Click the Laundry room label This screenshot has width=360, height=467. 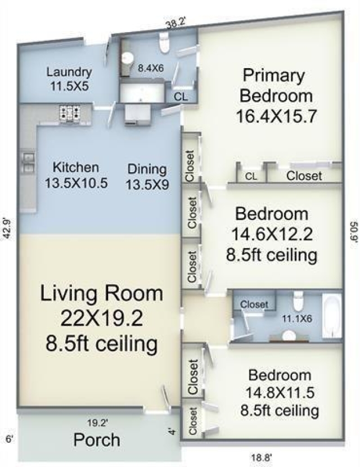click(69, 72)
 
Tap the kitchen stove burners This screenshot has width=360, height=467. click(70, 113)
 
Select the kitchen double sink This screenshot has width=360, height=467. click(29, 163)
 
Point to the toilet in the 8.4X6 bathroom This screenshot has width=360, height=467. click(164, 43)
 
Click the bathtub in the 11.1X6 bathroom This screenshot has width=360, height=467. click(332, 316)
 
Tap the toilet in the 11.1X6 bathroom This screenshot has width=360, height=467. click(298, 302)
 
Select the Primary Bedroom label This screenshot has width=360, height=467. click(276, 86)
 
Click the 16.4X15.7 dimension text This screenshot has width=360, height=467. click(276, 116)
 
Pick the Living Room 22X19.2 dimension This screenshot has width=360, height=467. click(102, 318)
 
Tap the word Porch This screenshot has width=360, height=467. click(97, 440)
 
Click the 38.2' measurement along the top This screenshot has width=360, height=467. click(176, 23)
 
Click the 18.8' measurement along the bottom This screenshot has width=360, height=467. click(260, 457)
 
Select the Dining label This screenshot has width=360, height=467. click(147, 169)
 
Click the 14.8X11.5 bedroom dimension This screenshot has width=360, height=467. click(280, 393)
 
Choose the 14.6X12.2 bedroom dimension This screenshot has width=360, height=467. click(272, 234)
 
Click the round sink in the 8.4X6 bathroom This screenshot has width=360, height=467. click(128, 58)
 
